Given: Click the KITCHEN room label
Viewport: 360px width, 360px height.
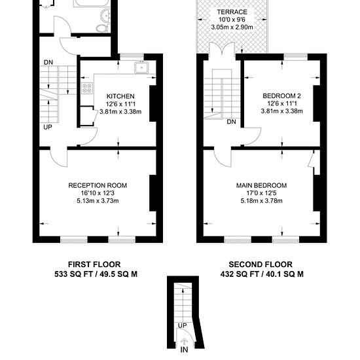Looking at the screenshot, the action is coord(120,96).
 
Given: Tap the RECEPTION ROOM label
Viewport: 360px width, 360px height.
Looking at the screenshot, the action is coord(98,185).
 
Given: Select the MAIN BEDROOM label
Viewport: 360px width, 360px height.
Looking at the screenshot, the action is coord(262,185).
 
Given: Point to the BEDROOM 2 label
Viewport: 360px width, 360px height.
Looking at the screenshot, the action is coord(281,96).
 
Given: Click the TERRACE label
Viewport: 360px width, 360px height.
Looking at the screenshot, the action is coord(232,12).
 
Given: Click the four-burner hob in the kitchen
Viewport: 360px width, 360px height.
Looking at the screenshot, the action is coord(87,88).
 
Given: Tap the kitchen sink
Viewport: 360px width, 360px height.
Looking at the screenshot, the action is coord(141,67).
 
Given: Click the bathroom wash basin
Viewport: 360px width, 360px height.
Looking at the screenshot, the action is coord(105,16).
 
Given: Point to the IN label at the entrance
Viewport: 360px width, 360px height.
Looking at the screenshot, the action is coord(184,350).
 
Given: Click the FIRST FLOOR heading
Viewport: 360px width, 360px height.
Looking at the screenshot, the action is coord(94,264).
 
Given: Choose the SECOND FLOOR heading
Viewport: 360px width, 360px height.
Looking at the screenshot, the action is coord(261,264).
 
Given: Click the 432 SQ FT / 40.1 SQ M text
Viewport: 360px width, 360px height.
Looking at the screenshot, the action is coord(262,274).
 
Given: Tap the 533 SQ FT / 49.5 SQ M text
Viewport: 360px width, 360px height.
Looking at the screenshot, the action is coord(96,274).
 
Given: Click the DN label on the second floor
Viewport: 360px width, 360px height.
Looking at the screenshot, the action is coord(231,122).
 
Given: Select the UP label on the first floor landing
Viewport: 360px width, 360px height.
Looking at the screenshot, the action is coord(48,127).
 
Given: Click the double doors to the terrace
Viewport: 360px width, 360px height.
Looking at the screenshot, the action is coord(222,48).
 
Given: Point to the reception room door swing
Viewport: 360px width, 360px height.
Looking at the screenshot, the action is coord(58,158).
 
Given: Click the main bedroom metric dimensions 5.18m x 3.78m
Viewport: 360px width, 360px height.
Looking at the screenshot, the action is coord(262,201).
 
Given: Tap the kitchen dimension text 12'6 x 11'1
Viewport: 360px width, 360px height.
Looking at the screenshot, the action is coord(121,104).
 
